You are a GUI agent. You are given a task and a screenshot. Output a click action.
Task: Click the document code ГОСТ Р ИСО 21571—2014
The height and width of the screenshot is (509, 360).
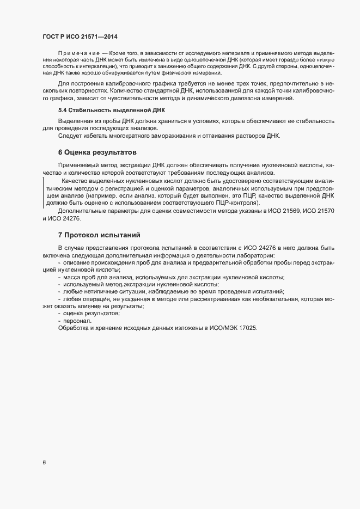tap(80, 36)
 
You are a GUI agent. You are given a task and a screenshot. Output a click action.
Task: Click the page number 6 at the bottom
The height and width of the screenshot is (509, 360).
tap(44, 463)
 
